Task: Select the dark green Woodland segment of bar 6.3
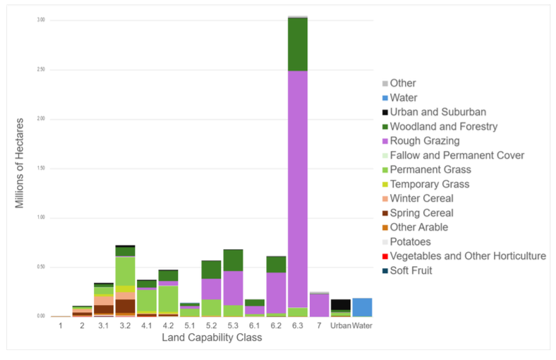pos(297,44)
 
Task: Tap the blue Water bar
pos(362,307)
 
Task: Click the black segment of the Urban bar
pos(341,304)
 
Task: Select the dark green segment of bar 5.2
pos(211,270)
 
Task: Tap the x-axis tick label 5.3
pos(233,325)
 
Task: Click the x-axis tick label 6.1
pos(254,325)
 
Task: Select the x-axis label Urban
pos(341,325)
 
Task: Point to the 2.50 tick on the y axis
pos(41,70)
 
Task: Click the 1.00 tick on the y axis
pos(41,218)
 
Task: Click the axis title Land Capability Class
pos(212,337)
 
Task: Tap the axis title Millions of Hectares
pos(21,167)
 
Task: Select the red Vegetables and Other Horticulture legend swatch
pos(385,256)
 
